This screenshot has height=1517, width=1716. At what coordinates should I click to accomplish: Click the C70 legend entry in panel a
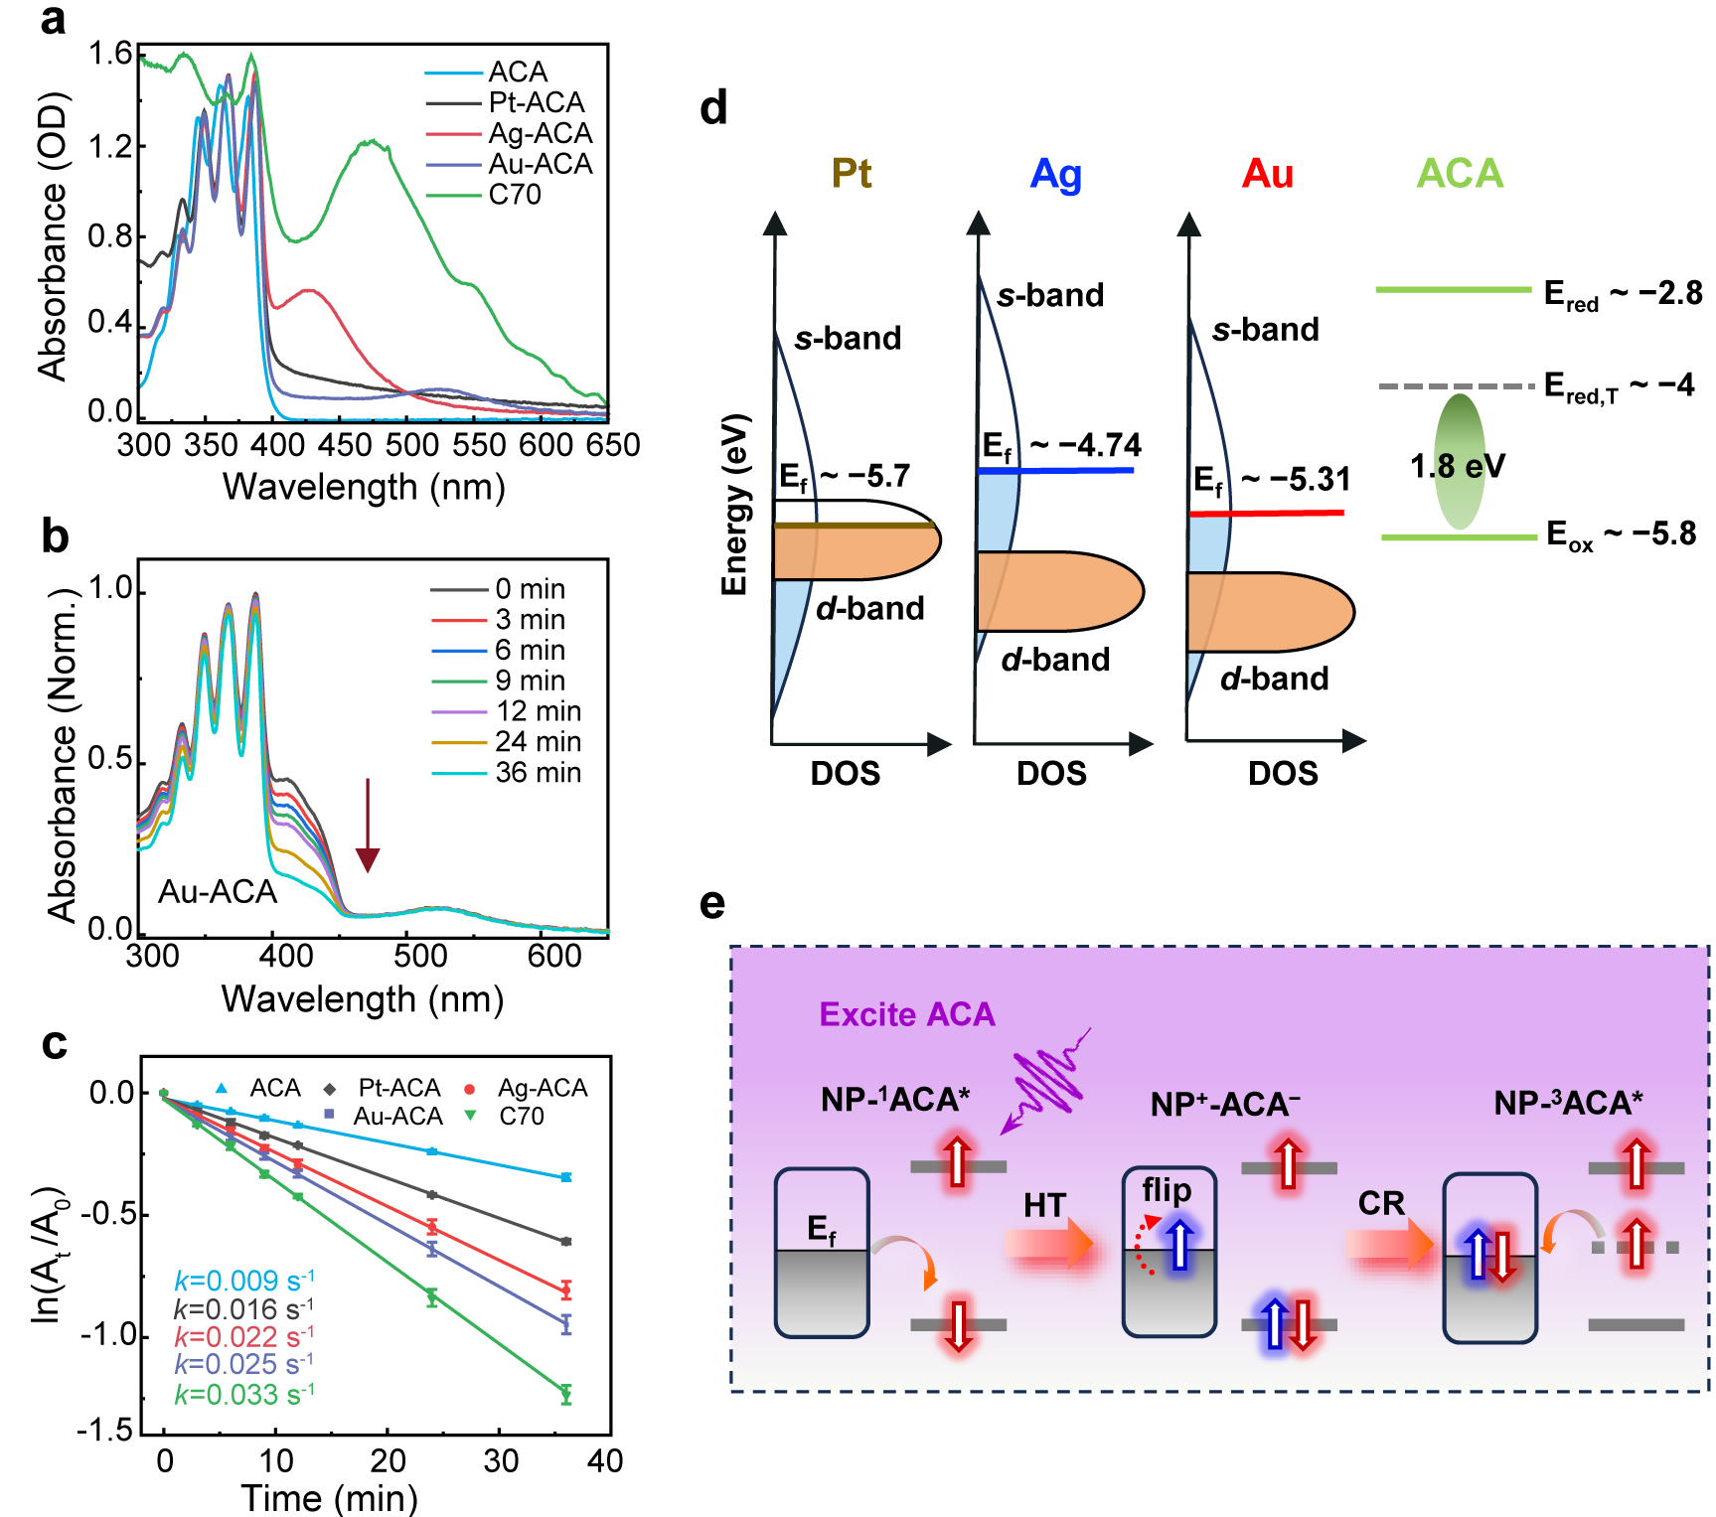tap(514, 195)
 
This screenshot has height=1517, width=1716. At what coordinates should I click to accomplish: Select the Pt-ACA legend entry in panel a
tap(536, 103)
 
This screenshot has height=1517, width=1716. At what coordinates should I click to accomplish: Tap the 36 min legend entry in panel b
tap(538, 773)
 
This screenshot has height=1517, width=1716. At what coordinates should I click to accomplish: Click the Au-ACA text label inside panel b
tap(218, 892)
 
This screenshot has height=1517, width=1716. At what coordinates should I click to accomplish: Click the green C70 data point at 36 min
tap(566, 1394)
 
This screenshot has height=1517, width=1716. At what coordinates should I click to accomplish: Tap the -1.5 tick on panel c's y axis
tap(106, 1431)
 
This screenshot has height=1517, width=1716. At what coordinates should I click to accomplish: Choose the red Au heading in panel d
tap(1267, 174)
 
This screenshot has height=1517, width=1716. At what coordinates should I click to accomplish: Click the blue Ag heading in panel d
tap(1055, 174)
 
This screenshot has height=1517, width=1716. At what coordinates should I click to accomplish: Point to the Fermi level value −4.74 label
tap(1085, 445)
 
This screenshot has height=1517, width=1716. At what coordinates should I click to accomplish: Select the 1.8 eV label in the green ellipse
tap(1458, 466)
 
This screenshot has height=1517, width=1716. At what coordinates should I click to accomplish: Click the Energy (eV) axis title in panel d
tap(734, 505)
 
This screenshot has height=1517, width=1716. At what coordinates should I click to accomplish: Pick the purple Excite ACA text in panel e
tap(906, 1014)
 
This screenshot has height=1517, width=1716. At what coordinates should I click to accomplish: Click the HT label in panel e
tap(1044, 1206)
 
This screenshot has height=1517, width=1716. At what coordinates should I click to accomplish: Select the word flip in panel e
tap(1167, 1190)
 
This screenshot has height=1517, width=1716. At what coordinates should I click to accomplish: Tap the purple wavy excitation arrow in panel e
tap(1047, 1081)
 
